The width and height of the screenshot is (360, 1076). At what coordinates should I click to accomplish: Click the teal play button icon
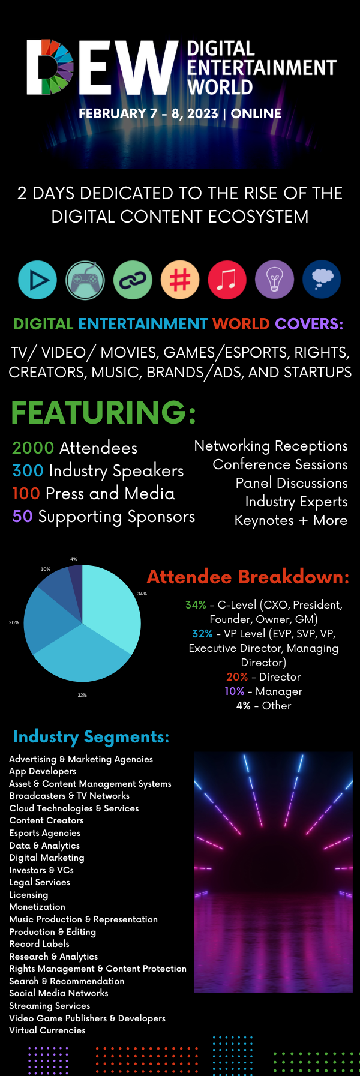tap(37, 280)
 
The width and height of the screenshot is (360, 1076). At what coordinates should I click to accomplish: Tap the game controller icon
tap(85, 280)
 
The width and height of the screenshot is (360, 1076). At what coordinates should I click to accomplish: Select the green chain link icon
tap(133, 280)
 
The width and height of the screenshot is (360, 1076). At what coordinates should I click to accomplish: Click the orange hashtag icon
tap(180, 280)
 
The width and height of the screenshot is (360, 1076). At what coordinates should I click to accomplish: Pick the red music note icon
tap(227, 280)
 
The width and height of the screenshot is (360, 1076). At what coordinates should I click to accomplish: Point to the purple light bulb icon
tap(275, 280)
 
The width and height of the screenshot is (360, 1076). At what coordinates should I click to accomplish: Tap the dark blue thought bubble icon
tap(322, 280)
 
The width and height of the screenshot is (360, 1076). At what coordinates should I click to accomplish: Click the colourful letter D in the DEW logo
tap(50, 67)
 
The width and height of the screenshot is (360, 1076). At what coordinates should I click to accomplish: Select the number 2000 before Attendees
tap(34, 448)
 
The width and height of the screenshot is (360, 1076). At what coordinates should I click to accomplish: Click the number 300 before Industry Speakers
tap(28, 471)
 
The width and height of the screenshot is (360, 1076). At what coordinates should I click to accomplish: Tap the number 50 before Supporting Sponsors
tap(23, 517)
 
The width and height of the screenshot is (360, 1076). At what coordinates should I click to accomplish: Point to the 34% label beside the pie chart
tap(142, 594)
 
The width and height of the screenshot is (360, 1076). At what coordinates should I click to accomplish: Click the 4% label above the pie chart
tap(74, 559)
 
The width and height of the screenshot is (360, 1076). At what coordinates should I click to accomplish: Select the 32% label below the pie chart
tap(82, 695)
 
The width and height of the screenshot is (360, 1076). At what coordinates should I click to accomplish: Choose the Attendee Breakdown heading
tap(248, 577)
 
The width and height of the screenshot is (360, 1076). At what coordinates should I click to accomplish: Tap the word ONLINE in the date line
tap(256, 113)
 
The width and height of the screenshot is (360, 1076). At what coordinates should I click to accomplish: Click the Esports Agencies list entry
tap(45, 833)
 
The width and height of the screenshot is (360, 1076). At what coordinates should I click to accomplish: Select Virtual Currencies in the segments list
tap(47, 1030)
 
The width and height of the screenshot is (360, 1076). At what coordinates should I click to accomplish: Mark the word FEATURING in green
tap(104, 412)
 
